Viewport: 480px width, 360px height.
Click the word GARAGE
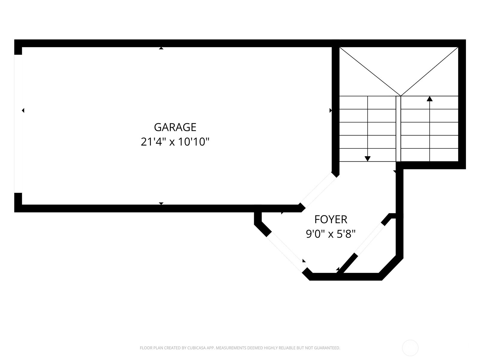click(175, 127)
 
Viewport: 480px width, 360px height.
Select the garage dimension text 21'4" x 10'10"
click(175, 142)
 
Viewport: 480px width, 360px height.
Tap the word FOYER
click(331, 220)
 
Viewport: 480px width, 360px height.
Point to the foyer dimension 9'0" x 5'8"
click(331, 234)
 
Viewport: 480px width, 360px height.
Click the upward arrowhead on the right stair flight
click(430, 99)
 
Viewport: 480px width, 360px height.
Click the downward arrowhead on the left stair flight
click(367, 159)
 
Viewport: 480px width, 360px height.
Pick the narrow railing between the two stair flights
click(398, 129)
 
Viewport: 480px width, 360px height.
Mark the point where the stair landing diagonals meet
click(400, 96)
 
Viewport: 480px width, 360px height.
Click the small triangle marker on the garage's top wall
click(161, 48)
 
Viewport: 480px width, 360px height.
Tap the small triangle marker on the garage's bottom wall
click(161, 203)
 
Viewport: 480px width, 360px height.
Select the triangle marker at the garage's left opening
click(23, 110)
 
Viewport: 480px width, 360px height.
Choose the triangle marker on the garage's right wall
click(331, 110)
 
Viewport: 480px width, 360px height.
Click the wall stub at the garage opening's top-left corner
click(18, 47)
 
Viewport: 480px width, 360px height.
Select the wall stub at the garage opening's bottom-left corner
click(18, 202)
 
